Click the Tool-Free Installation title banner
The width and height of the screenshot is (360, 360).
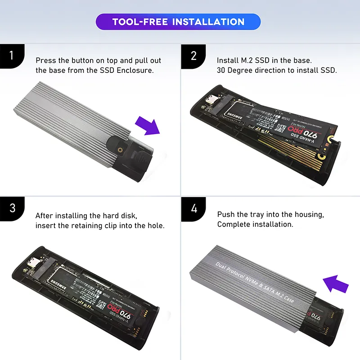(178, 22)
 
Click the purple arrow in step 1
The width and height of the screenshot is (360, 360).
(148, 126)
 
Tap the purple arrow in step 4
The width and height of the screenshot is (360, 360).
(336, 284)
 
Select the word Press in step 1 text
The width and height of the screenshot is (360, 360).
(45, 60)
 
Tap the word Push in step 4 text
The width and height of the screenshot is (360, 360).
(226, 214)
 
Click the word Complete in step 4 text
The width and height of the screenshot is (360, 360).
(232, 224)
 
